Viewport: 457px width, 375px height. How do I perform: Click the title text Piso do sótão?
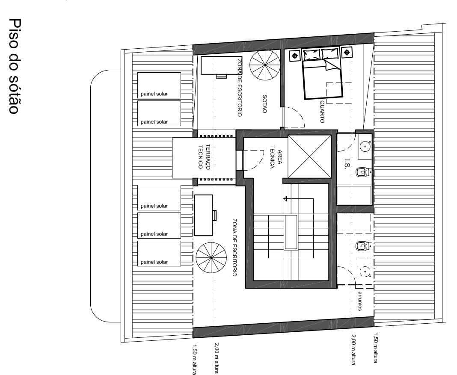point(14,66)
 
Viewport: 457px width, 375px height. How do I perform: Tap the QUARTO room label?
point(322,112)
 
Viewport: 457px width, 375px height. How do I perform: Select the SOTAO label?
point(264,103)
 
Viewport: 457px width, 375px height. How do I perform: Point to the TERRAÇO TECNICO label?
point(204,156)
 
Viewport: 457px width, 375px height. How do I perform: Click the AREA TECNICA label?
point(276,157)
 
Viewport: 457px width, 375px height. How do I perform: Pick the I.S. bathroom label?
point(347,164)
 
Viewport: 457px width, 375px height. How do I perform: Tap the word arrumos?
point(360,301)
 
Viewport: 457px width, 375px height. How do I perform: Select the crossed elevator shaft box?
point(309,156)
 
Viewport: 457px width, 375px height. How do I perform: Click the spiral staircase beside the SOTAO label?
point(265,65)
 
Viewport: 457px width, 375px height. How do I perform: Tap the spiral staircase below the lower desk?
point(211,258)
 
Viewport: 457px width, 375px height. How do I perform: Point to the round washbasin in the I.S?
point(365,146)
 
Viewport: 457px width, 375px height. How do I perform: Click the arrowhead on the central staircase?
point(285,199)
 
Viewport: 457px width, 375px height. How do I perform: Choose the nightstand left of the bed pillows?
point(295,55)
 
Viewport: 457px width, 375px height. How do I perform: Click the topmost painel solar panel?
point(159,86)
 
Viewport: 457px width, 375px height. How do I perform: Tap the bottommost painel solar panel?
point(159,253)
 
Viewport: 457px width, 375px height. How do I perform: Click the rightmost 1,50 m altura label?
point(375,348)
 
